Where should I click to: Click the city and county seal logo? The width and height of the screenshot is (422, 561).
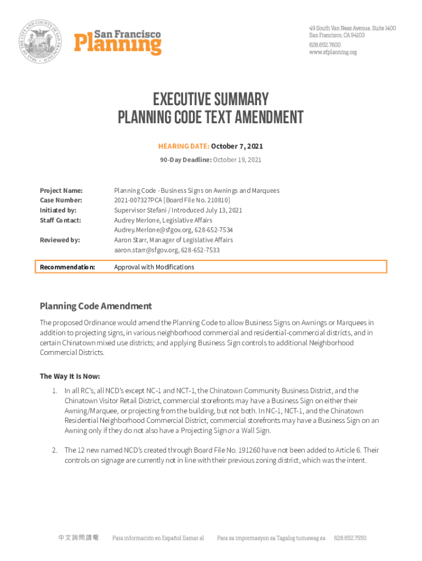coord(43,42)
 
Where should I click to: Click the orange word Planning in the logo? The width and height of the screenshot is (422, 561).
coord(118,45)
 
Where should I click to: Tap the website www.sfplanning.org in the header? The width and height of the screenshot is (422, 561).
coord(333,52)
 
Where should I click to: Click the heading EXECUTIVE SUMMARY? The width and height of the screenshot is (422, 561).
coord(211,100)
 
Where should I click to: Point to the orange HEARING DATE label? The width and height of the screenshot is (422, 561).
coord(184,146)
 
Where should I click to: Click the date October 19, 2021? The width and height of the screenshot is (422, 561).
coord(237,160)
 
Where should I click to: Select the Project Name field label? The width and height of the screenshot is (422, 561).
coord(61,191)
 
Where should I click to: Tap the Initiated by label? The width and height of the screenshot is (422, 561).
coord(58,210)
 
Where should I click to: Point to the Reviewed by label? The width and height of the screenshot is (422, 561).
coord(60,240)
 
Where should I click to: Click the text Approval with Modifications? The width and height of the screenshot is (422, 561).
coord(154,267)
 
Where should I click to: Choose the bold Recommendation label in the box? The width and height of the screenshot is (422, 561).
coord(67,267)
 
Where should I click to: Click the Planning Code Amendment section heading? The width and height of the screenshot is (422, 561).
coord(95,306)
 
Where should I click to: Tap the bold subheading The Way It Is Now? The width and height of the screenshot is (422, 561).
coord(70,376)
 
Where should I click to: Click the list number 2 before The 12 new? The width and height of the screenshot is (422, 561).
coord(55,450)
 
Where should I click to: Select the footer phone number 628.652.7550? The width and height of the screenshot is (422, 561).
coord(350,539)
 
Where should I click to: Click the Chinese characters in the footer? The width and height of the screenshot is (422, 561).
coord(78,539)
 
